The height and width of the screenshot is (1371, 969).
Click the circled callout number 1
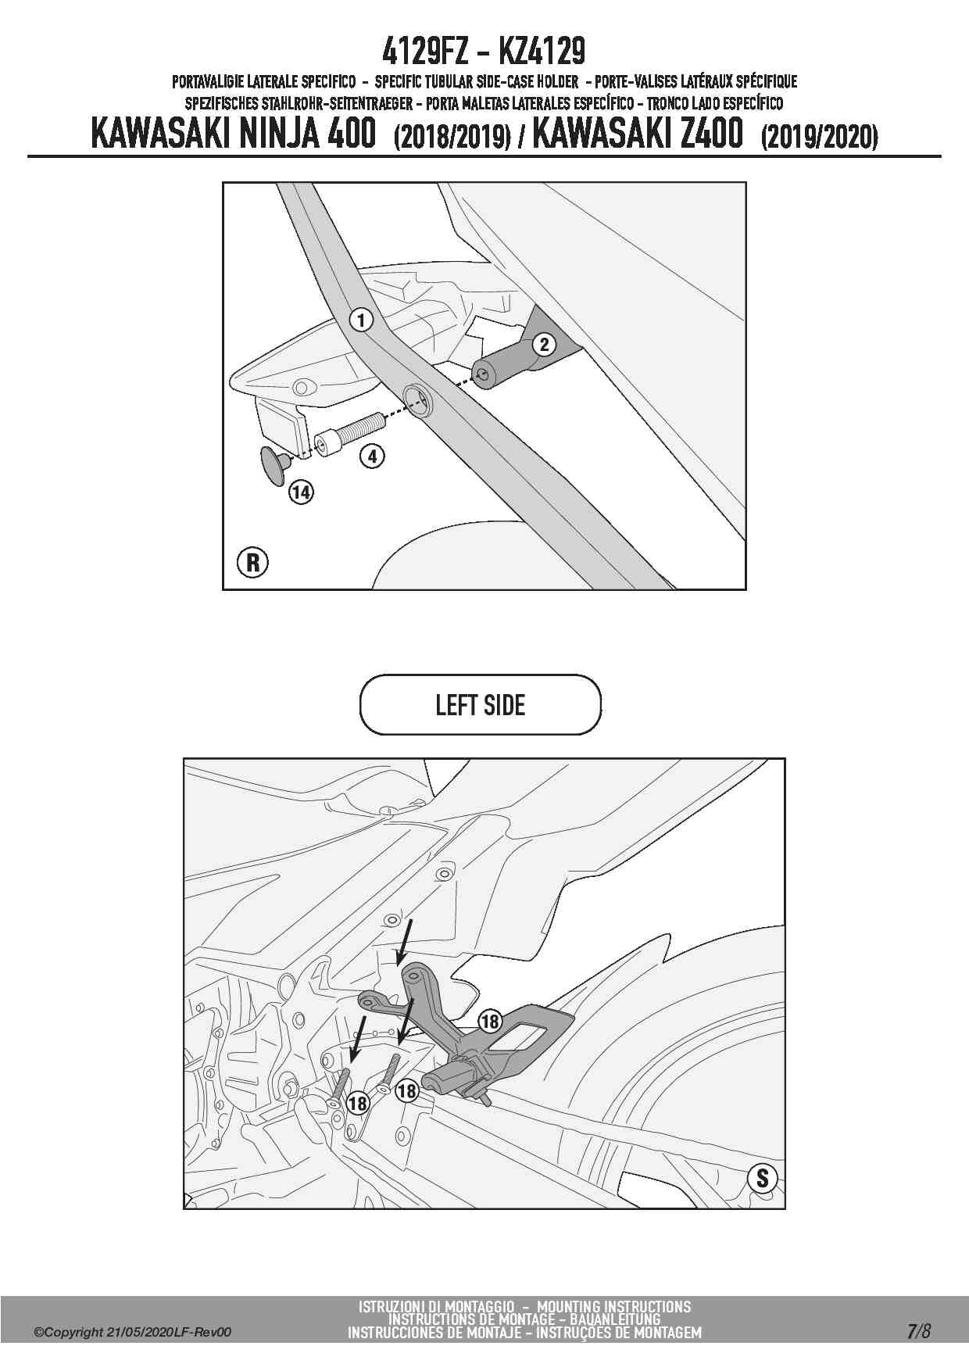tap(360, 319)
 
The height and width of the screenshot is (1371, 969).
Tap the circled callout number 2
tap(545, 344)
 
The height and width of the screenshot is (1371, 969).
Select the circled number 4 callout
tap(373, 455)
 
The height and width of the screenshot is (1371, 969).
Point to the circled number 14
tap(301, 492)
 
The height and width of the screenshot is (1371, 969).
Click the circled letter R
tap(252, 562)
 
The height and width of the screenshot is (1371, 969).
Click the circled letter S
tap(762, 1178)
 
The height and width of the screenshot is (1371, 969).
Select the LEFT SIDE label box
tap(481, 705)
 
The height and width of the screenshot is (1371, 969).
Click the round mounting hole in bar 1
tap(417, 401)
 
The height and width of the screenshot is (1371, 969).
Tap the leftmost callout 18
tap(357, 1103)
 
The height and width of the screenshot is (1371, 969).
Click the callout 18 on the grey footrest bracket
tap(489, 1021)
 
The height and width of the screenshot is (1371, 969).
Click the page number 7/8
tap(919, 1331)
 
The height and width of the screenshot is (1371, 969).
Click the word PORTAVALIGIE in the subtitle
tap(208, 81)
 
